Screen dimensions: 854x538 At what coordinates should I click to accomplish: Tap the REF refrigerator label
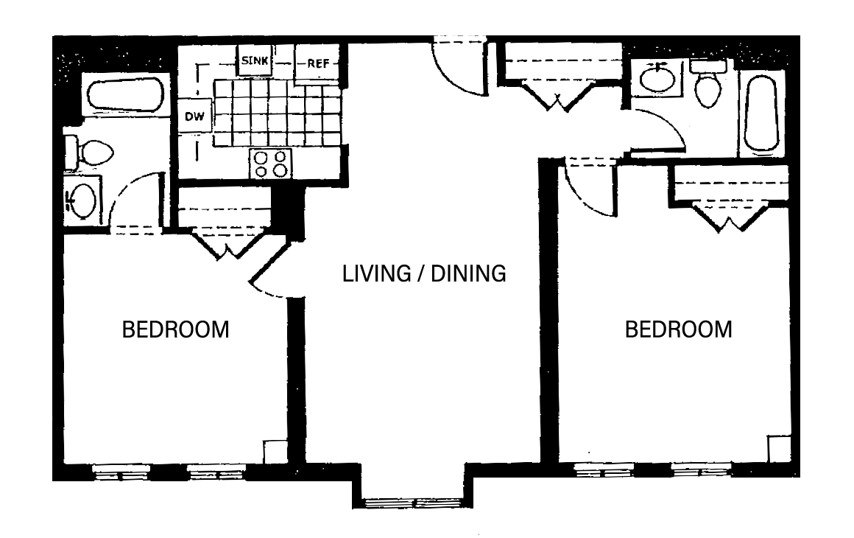(317, 63)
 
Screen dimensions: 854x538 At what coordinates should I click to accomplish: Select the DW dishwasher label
(194, 116)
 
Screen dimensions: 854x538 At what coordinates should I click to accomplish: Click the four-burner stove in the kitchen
(271, 163)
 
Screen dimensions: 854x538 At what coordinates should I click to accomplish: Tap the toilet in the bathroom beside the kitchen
(90, 153)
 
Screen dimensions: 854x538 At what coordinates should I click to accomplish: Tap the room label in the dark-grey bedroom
(175, 337)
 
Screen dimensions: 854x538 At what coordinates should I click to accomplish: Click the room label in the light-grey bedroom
(679, 337)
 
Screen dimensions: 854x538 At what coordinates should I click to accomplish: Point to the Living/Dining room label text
(427, 276)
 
